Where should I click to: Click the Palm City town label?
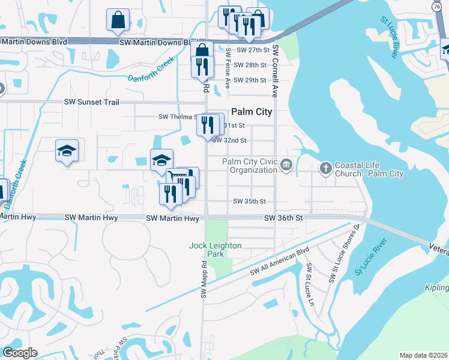252,112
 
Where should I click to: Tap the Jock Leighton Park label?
215,250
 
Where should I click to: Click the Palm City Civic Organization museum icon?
286,164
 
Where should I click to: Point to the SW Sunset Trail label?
96,103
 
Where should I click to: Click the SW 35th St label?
249,202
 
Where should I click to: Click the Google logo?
20,353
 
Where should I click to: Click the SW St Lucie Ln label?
310,277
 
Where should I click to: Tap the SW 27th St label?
250,50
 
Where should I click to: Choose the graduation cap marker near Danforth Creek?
67,151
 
